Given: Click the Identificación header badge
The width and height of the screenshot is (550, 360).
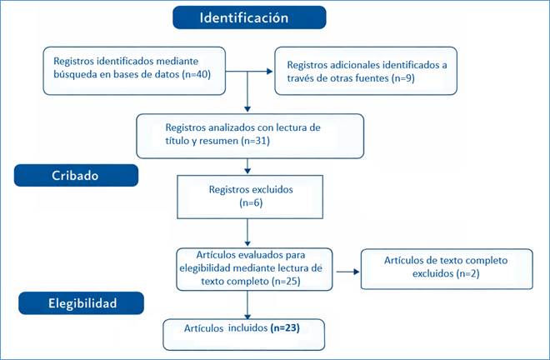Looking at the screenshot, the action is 249,17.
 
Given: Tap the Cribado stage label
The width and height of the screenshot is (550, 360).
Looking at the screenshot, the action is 76,176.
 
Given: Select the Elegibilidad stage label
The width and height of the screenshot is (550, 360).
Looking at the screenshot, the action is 82,303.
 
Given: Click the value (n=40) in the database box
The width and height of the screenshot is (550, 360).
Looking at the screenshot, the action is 197,74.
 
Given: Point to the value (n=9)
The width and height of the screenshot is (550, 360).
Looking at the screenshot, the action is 403,77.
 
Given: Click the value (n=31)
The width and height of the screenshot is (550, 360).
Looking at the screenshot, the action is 255,141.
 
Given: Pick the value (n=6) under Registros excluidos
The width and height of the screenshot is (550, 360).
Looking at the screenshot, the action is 251,202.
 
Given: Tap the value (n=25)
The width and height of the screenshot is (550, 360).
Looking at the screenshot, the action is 286,282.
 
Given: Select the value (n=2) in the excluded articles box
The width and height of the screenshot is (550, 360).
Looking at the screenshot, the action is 468,273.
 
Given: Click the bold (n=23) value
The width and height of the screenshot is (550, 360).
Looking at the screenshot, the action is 285,328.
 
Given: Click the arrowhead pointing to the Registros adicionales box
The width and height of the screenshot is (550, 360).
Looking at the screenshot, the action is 269,72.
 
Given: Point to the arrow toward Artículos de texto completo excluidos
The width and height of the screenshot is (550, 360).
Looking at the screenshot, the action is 348,272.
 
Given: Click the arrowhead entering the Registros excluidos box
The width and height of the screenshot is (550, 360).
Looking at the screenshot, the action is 247,171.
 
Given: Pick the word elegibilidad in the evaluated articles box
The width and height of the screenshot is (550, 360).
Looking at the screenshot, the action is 205,268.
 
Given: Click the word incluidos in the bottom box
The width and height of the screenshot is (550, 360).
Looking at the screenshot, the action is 248,328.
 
